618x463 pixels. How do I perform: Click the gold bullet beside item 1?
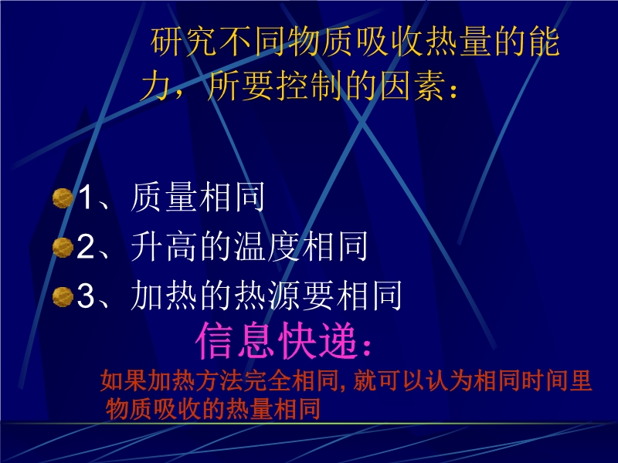pos(63,198)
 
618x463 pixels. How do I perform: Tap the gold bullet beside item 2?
pos(63,247)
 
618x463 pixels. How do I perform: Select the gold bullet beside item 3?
pos(63,296)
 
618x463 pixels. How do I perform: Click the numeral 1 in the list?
pos(86,197)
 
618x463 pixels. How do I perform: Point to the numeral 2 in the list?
pos(86,246)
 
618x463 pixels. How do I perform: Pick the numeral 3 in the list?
pos(86,296)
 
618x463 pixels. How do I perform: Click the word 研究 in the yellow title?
pos(184,42)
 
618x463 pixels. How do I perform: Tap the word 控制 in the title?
pos(308,86)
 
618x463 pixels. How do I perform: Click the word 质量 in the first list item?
pos(164,198)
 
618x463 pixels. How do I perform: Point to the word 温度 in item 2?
pos(267,246)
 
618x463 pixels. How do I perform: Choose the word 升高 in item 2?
pos(164,246)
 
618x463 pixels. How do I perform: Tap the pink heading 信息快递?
pos(277,341)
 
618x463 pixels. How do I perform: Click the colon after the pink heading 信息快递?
pos(367,347)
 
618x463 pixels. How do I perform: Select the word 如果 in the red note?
pos(124,380)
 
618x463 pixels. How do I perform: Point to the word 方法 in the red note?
pos(219,380)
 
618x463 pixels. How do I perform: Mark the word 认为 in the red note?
pos(450,380)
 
